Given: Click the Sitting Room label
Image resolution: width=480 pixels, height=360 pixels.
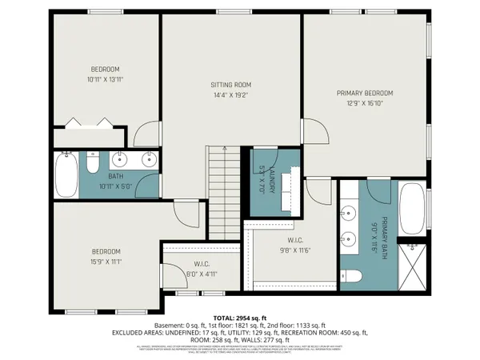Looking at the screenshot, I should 231,85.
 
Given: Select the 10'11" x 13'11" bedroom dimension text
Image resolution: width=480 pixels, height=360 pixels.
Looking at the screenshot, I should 106,79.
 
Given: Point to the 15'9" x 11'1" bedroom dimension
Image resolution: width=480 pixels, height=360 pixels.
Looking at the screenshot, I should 106,261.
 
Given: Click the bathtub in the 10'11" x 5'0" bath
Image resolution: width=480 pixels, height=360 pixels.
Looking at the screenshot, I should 66,174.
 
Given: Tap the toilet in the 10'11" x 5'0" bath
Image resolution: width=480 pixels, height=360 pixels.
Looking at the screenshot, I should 91,165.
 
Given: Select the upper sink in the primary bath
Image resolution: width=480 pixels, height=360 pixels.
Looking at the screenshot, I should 349,214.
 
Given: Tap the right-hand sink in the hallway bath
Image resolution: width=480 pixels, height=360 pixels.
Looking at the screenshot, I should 149,159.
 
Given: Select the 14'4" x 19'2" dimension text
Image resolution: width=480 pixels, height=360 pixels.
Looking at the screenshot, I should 231,95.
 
